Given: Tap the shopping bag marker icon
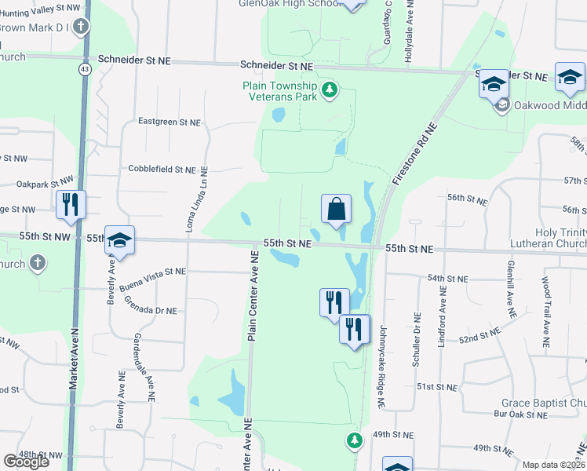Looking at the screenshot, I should [x=336, y=210].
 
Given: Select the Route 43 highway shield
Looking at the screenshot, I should [x=82, y=69].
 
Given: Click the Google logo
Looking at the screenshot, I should [x=26, y=462].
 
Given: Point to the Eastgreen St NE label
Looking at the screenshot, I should [x=170, y=122].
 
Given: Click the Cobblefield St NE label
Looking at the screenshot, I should [x=162, y=169].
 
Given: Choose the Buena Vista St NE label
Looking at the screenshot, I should [x=153, y=271].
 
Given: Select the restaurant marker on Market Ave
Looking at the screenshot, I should [x=71, y=205].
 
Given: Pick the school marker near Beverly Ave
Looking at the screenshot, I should [x=119, y=240].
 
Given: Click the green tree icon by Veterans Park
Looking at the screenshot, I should [x=330, y=90].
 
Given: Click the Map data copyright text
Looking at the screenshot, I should [x=554, y=465].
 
